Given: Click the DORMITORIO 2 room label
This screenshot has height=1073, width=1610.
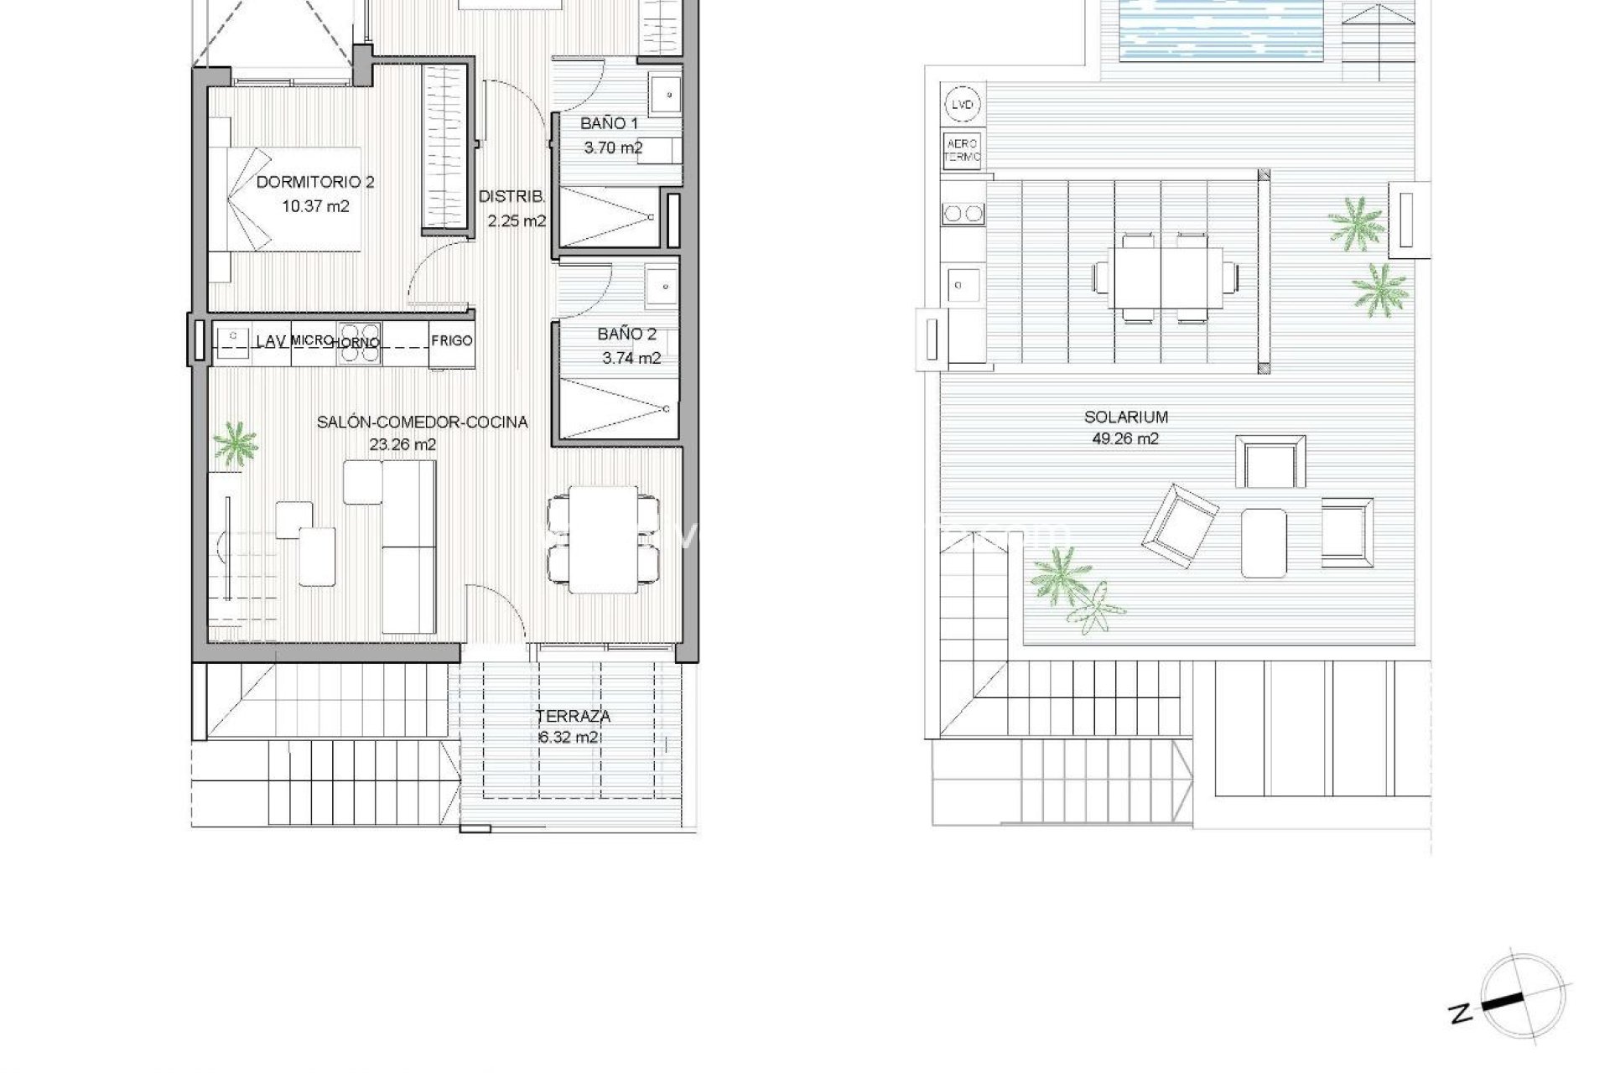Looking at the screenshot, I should [x=315, y=182].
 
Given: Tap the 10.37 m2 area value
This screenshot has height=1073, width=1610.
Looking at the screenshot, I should [x=315, y=205].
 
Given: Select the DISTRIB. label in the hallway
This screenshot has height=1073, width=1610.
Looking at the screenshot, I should [x=512, y=197].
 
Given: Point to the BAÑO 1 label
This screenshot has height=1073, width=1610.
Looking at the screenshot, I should [x=610, y=124].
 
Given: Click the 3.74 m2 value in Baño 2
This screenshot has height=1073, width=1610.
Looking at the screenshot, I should [x=631, y=358].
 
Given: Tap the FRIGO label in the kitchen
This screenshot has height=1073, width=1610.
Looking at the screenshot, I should [x=452, y=340].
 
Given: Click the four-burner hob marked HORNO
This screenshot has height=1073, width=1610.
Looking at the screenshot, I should [x=359, y=344].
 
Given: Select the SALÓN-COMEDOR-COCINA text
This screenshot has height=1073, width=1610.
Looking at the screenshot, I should [x=422, y=422].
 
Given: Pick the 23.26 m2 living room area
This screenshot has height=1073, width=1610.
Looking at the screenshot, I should [x=402, y=445].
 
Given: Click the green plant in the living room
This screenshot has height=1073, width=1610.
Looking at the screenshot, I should [x=235, y=444].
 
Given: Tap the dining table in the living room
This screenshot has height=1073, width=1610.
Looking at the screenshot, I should [x=602, y=538].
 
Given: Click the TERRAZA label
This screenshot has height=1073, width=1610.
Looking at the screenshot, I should [x=574, y=716].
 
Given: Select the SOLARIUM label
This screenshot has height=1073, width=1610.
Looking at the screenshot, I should [x=1126, y=417].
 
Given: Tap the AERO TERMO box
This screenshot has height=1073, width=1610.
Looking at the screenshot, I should [x=963, y=151].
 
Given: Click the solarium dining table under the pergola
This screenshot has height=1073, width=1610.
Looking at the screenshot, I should [x=1166, y=277].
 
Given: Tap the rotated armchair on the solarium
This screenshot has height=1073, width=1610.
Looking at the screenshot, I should [x=1178, y=526].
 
